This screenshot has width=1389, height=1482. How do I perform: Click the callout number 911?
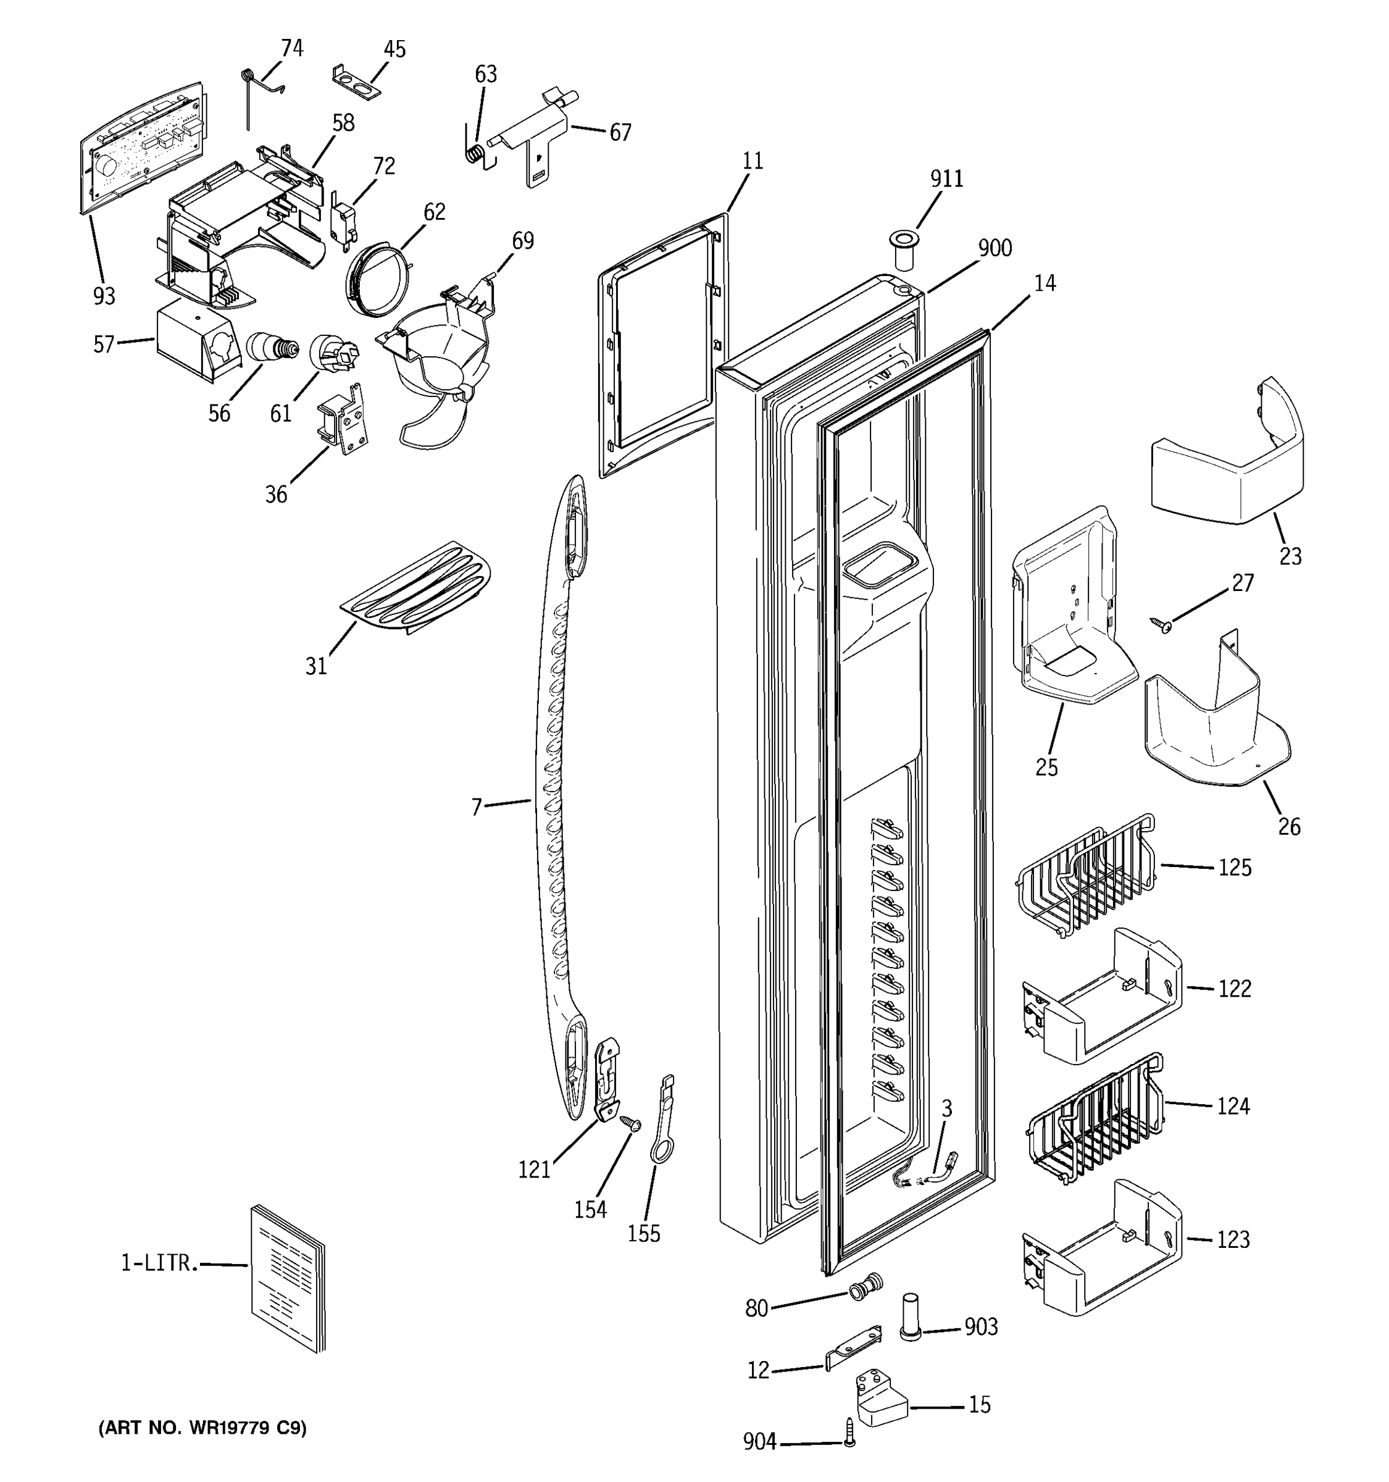(x=946, y=179)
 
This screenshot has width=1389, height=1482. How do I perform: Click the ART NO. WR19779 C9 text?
(x=202, y=1428)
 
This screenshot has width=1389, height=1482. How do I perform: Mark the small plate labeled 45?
(x=356, y=82)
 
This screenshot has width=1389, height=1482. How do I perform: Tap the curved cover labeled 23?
(x=1230, y=454)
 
